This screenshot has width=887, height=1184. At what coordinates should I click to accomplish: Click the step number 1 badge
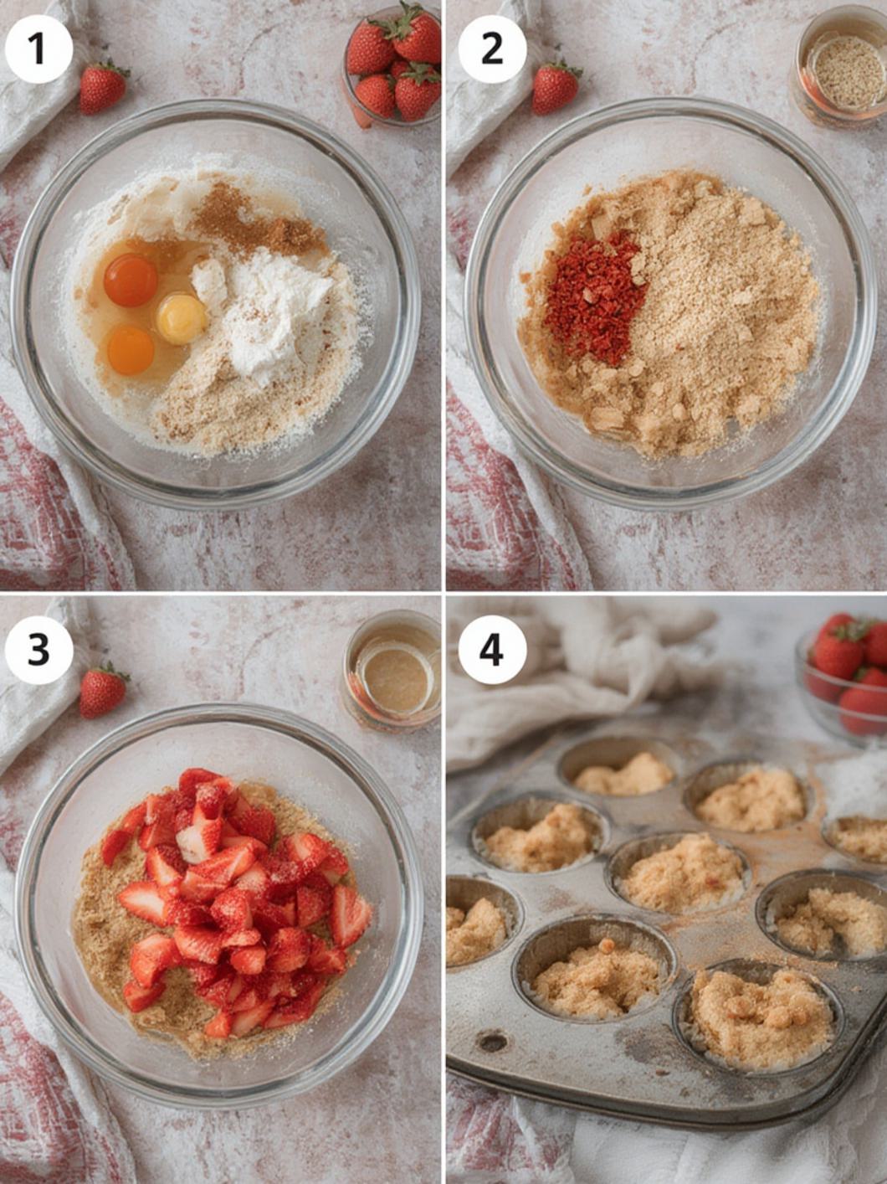pos(38,49)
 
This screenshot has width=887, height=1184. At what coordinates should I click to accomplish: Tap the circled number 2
pos(492,49)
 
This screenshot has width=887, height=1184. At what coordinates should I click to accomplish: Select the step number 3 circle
pos(38,650)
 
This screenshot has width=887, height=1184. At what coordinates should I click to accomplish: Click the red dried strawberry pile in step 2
pos(595,298)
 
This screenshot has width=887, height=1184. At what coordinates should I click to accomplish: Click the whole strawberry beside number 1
pos(102,88)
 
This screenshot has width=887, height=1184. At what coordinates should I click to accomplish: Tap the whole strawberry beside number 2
pos(555,88)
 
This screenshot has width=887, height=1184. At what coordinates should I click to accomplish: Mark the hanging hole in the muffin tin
pos(492,1042)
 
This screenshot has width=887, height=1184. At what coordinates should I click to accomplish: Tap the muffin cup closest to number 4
pos(619,770)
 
